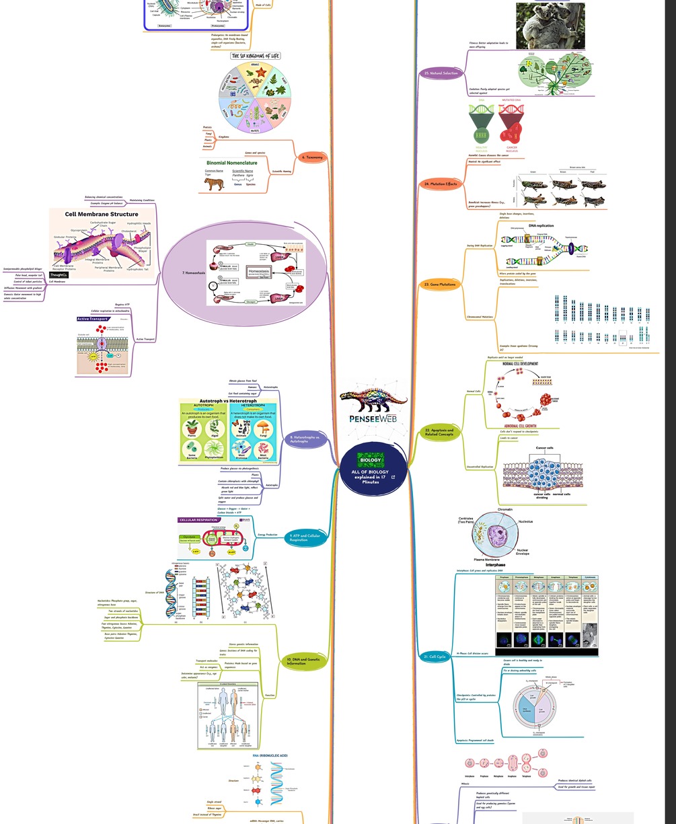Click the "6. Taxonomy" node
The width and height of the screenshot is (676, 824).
pyautogui.click(x=313, y=157)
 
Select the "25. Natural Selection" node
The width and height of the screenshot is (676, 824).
pyautogui.click(x=441, y=73)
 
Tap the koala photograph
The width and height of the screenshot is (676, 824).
pyautogui.click(x=550, y=26)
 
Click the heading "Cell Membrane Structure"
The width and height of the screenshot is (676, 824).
pyautogui.click(x=102, y=215)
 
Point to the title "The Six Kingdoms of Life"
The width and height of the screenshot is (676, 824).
pyautogui.click(x=255, y=56)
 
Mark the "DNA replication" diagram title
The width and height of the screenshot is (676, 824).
pyautogui.click(x=541, y=225)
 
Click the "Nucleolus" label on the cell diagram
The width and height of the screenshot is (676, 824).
pyautogui.click(x=525, y=521)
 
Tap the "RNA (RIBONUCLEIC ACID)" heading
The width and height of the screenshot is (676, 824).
pyautogui.click(x=270, y=755)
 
